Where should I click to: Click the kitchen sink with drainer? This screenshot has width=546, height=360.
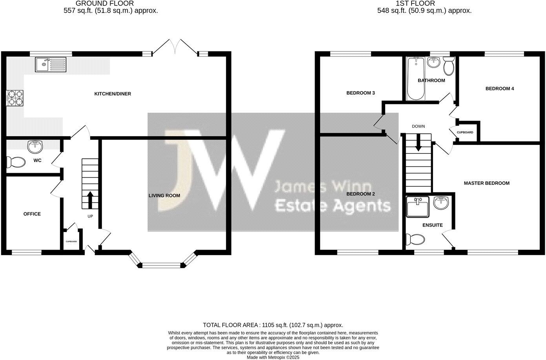(51, 64)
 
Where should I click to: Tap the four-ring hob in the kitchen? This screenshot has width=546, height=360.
(15, 98)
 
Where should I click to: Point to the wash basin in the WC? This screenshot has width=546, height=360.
(35, 146)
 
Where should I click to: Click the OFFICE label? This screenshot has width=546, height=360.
(32, 214)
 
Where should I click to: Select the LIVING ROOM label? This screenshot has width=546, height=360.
(164, 196)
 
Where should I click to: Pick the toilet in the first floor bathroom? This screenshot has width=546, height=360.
(448, 66)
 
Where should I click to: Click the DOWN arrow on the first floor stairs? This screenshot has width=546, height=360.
(419, 143)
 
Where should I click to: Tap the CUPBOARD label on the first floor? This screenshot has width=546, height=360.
(465, 132)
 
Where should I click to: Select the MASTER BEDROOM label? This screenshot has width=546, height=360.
(486, 183)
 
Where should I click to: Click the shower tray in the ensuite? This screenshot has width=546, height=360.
(418, 207)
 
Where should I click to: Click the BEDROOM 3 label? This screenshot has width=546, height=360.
(360, 93)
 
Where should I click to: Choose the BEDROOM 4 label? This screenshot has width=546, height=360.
(499, 89)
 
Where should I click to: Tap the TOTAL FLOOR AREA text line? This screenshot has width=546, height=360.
(273, 325)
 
